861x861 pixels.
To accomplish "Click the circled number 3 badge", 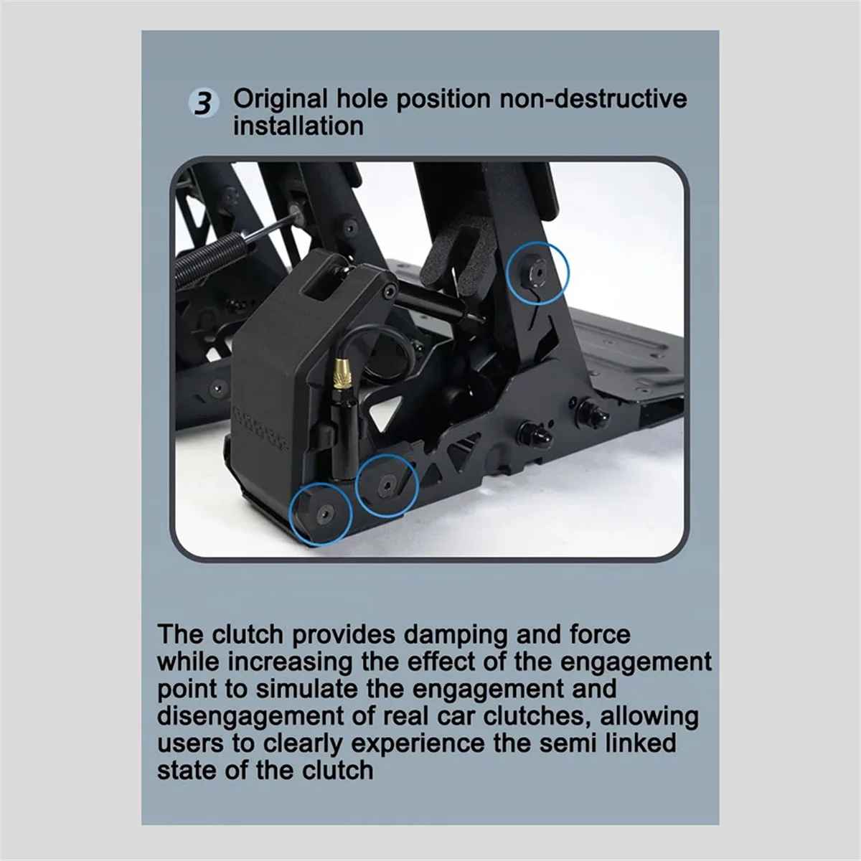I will click(x=204, y=104).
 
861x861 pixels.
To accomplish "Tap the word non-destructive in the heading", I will click(x=593, y=98).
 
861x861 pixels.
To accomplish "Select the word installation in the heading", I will click(x=298, y=126).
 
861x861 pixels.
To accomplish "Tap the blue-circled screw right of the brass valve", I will click(x=386, y=485).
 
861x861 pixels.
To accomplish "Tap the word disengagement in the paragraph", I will click(x=243, y=717).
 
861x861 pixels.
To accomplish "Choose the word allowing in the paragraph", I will click(x=649, y=717).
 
